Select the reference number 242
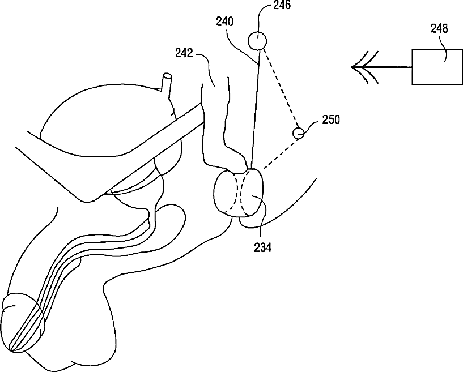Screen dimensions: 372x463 [x=184, y=55]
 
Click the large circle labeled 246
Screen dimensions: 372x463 [x=257, y=41]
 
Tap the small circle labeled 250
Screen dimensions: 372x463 [x=299, y=134]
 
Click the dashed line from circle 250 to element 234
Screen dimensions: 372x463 [x=275, y=152]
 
